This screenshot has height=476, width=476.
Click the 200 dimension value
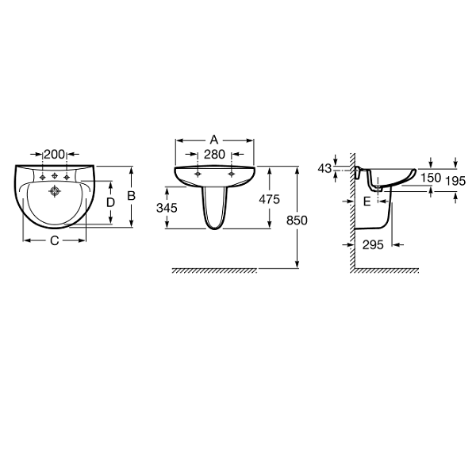(x=54, y=154)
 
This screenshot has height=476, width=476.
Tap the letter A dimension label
(x=214, y=140)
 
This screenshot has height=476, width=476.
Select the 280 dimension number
(x=214, y=155)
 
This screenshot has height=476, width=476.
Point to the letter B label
(x=131, y=196)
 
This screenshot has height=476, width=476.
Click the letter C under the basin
(x=54, y=240)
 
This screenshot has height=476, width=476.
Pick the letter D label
(x=110, y=202)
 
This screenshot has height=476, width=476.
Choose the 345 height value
(x=167, y=208)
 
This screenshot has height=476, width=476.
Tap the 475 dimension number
(x=269, y=199)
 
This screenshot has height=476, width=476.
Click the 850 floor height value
(x=297, y=221)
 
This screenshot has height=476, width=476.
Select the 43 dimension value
(x=324, y=168)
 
